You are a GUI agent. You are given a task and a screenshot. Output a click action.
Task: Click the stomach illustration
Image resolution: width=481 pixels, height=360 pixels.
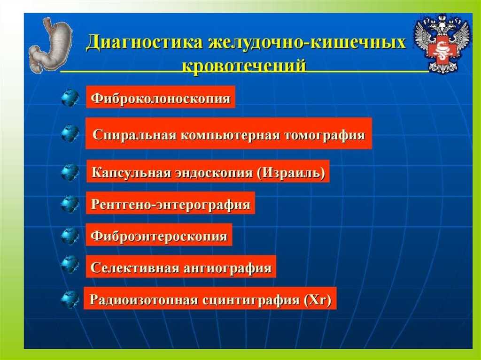tap(51, 46)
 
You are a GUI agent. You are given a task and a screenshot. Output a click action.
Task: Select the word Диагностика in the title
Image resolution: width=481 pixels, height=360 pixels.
tap(144, 42)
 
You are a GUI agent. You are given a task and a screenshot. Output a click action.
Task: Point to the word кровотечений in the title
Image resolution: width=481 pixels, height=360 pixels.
tap(244, 65)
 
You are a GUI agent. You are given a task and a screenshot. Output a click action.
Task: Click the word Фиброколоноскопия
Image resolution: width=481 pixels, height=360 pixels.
tap(161, 98)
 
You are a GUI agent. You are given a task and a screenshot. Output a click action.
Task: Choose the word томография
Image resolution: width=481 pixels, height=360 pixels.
tap(325, 135)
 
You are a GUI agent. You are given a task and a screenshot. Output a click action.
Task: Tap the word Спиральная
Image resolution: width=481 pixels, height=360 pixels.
tap(134, 135)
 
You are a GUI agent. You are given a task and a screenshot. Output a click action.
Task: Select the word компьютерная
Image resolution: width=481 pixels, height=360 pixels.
tap(230, 135)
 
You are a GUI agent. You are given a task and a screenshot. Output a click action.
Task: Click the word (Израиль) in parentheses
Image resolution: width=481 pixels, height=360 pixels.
tap(291, 173)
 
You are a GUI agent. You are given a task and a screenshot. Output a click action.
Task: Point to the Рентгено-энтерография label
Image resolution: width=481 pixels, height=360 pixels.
tap(171, 204)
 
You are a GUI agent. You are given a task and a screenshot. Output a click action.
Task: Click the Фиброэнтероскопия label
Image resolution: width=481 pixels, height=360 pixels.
tap(159, 236)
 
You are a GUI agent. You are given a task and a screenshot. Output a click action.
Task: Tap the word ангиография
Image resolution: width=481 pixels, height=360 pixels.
tap(227, 268)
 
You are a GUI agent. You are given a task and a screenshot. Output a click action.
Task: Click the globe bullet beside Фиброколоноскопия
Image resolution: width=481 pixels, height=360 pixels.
tap(70, 98)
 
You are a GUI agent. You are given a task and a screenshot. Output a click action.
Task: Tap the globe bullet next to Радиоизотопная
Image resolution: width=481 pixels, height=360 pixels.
tap(70, 299)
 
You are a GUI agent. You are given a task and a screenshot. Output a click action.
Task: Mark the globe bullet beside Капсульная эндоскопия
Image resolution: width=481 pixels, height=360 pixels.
tap(70, 172)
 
